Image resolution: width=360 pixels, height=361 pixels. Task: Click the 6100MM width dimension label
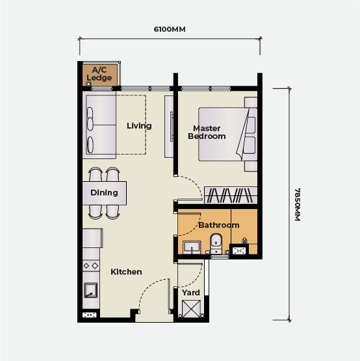(x=170, y=29)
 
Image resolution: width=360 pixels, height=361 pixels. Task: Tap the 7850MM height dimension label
(x=298, y=205)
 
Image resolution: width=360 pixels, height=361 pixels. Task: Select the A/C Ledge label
(x=99, y=73)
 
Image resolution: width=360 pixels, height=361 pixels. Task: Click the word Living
(x=139, y=126)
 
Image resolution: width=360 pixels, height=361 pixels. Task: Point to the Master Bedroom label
(x=207, y=132)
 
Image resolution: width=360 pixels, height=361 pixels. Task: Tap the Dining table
(x=105, y=193)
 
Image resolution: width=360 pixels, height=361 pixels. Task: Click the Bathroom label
(x=219, y=225)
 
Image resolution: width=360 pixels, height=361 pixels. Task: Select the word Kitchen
(x=126, y=272)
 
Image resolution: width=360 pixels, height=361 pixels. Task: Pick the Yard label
(x=191, y=293)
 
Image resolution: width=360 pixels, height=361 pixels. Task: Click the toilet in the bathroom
(x=216, y=243)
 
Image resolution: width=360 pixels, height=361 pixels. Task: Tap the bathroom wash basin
(x=192, y=247)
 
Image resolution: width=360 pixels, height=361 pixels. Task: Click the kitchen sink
(x=90, y=290)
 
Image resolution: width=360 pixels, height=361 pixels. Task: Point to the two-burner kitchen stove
(x=91, y=266)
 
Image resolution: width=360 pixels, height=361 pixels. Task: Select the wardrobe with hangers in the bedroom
(x=231, y=195)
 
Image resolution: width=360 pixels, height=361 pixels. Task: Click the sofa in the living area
(x=99, y=125)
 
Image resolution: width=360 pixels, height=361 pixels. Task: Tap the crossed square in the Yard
(x=191, y=309)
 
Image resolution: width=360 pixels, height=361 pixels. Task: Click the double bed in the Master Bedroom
(x=227, y=134)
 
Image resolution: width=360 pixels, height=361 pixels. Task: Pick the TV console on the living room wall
(x=169, y=127)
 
